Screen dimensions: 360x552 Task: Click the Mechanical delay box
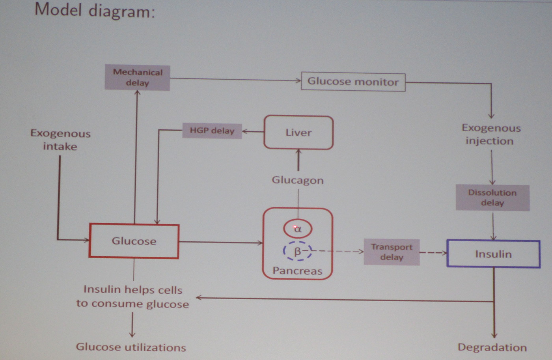(x=137, y=78)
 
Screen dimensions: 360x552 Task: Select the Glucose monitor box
(x=353, y=82)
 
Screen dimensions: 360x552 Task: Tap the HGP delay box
(x=212, y=131)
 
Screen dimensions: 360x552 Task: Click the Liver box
(x=298, y=132)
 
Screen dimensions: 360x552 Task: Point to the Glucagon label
(x=298, y=180)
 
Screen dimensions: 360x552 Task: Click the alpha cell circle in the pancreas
(x=298, y=229)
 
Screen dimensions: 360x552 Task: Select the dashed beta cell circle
(x=297, y=251)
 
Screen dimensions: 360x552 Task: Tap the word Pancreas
(x=298, y=271)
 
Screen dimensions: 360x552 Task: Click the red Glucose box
(x=134, y=241)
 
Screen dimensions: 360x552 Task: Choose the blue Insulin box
(x=493, y=254)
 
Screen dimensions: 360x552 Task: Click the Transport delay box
(x=392, y=252)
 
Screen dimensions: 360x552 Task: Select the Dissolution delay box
(x=492, y=198)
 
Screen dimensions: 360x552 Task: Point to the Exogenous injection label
(x=491, y=134)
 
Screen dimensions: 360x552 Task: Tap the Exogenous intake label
(x=60, y=140)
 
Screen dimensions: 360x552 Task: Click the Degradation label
(x=492, y=347)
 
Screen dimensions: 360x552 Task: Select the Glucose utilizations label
(x=131, y=347)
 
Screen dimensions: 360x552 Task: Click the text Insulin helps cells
(x=133, y=290)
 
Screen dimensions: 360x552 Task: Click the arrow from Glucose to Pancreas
(x=221, y=242)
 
